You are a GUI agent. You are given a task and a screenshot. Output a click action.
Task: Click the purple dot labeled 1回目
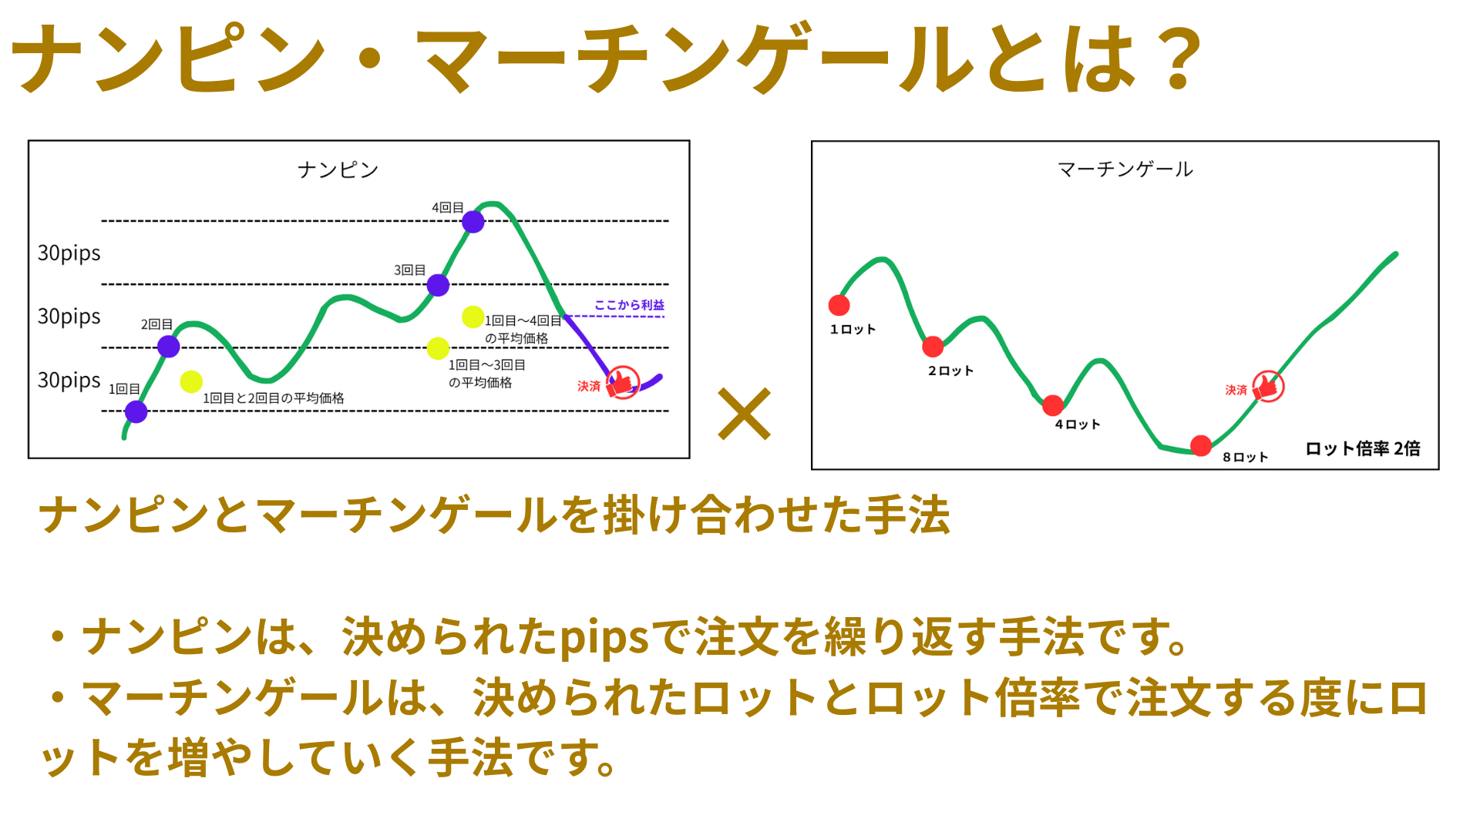136,412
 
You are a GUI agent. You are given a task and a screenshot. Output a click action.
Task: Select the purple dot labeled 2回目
169,347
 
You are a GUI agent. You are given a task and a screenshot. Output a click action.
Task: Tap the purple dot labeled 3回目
438,285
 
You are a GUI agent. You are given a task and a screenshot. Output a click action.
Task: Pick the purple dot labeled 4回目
473,222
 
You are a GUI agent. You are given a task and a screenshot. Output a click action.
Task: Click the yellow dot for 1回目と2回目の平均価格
191,381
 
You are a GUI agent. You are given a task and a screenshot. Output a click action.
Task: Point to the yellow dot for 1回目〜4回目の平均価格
473,317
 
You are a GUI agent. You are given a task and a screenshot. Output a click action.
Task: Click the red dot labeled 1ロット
839,305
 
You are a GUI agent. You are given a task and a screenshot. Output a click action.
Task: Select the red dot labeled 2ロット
933,347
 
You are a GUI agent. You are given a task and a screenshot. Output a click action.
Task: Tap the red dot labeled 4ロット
1053,405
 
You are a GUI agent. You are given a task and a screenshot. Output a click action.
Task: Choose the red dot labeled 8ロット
1201,445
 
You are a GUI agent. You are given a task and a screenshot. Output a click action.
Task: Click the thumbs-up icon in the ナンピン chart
622,382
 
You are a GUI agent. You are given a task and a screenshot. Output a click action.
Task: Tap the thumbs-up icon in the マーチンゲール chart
1267,386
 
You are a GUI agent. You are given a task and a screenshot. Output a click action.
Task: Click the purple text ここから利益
629,305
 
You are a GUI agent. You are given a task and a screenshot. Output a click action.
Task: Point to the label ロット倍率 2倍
1363,448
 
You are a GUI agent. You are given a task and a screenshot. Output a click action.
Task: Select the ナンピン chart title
338,169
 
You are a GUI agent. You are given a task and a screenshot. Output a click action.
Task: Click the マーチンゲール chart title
1125,169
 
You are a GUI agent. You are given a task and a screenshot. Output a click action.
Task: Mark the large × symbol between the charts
745,414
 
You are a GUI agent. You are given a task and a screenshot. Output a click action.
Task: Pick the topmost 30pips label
69,253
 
